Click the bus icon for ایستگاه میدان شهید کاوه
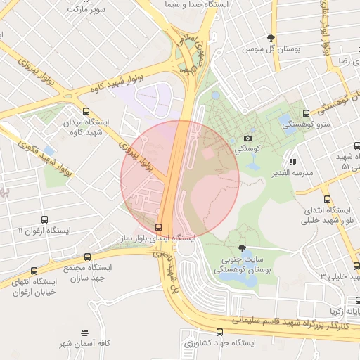86,111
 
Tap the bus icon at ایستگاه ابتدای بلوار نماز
157,227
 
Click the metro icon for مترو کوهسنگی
305,112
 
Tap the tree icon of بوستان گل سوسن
271,38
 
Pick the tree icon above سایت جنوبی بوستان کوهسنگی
243,248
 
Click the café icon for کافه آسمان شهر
85,332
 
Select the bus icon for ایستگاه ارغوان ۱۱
45,219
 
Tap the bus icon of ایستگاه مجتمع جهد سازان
87,257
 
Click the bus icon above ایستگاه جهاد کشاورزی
220,331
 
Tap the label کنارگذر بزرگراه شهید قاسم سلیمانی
288,321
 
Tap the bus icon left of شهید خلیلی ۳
356,266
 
